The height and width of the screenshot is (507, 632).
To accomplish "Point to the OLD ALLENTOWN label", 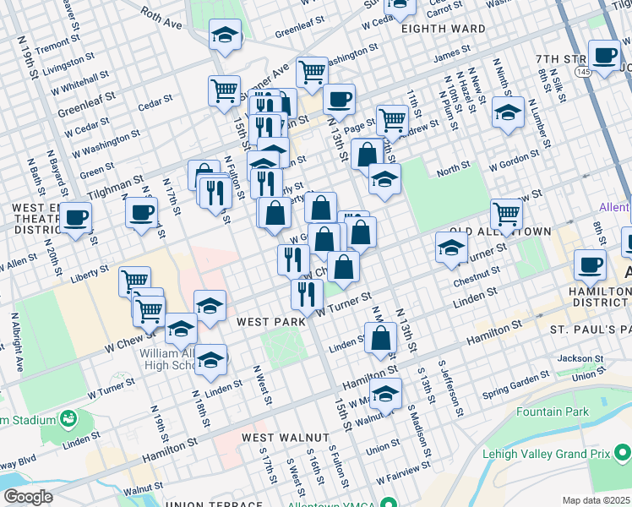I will tap(500, 232).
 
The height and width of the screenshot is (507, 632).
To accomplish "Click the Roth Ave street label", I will tap(161, 18).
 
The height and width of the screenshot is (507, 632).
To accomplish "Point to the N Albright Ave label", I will tap(16, 343).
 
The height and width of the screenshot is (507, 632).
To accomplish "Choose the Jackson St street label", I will tap(580, 358).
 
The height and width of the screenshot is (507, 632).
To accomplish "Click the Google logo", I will tap(28, 497).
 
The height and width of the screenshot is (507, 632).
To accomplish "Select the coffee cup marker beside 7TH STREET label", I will tap(604, 55).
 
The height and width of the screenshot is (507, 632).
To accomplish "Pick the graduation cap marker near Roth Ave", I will tap(224, 35).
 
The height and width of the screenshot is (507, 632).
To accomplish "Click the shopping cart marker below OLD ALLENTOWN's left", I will tap(506, 213).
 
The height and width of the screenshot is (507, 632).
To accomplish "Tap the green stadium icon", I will tap(66, 419).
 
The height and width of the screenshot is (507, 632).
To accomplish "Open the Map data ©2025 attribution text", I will tap(596, 500).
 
